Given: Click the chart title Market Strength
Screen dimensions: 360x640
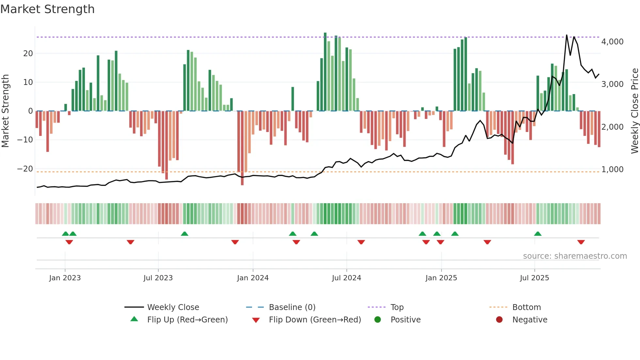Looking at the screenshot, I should pos(47,9).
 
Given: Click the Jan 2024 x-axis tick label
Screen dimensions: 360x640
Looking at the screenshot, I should pos(253,278).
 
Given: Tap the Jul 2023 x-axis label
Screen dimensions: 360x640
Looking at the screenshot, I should pos(158,278).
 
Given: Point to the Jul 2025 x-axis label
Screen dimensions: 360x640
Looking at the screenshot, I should pos(535,278).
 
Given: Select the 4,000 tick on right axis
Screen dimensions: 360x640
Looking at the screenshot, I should pos(612,42).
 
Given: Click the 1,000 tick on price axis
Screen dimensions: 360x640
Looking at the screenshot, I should pos(612,170).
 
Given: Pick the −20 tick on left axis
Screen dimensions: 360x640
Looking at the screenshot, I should pos(25,169).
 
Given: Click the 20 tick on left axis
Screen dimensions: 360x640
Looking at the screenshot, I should pos(28,54).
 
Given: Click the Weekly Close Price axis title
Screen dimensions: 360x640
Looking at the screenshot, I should pos(634,111).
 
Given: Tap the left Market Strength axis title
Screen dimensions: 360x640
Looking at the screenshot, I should pos(6,111).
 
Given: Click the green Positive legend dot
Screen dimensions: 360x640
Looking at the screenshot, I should pos(378,320).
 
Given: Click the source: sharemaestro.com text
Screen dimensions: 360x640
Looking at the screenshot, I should pos(575,256).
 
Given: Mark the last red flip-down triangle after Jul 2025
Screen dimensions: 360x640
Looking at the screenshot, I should pos(581,242).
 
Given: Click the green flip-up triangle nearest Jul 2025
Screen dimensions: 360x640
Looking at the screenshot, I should pos(538,234).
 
